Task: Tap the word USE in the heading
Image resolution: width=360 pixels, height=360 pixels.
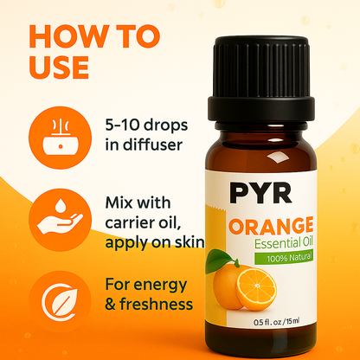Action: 59,67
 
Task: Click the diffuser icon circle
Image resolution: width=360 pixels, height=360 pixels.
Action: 60,138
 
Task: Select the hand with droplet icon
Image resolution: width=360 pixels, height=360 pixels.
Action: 60,220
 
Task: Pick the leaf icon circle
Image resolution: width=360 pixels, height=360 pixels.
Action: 60,302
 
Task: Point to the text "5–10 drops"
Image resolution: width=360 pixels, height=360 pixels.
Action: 146,125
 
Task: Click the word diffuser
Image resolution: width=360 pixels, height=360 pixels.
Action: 153,145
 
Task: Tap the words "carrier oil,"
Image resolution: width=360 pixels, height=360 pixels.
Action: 143,222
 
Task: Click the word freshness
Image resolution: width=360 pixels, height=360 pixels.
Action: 157,304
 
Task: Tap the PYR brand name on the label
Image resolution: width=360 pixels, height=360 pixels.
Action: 260,192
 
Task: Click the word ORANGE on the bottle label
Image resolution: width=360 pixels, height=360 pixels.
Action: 271,226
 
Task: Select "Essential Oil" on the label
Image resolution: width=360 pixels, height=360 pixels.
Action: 284,243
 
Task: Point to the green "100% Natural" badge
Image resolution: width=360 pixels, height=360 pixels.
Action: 284,257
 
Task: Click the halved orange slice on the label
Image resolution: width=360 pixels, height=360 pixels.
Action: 256,289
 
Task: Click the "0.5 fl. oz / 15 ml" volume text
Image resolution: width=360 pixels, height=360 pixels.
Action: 276,321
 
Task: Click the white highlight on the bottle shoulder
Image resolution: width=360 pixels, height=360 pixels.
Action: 276,158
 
